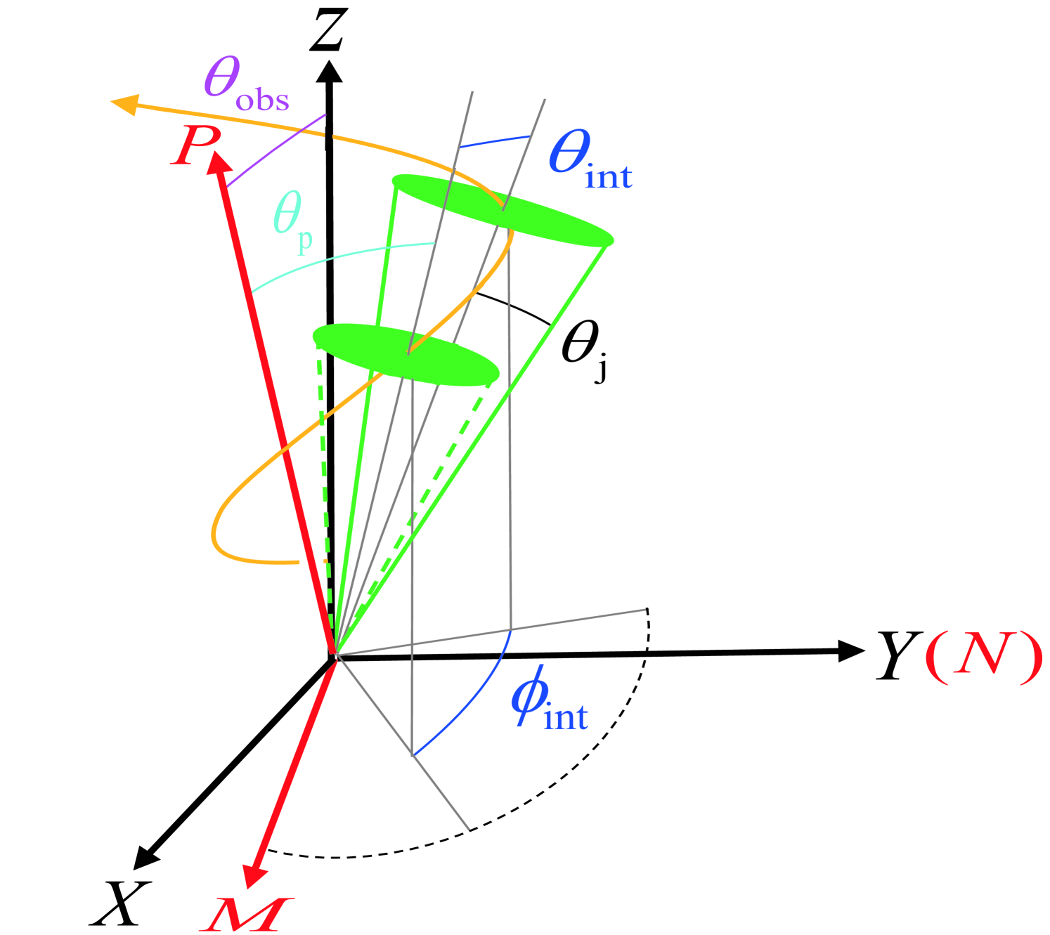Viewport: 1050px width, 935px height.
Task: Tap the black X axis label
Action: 120,903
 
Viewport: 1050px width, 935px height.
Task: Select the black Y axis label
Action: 899,655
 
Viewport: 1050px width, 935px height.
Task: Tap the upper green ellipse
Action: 502,209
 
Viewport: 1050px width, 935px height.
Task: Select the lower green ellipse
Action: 406,354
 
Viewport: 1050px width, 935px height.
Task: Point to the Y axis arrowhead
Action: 851,651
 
